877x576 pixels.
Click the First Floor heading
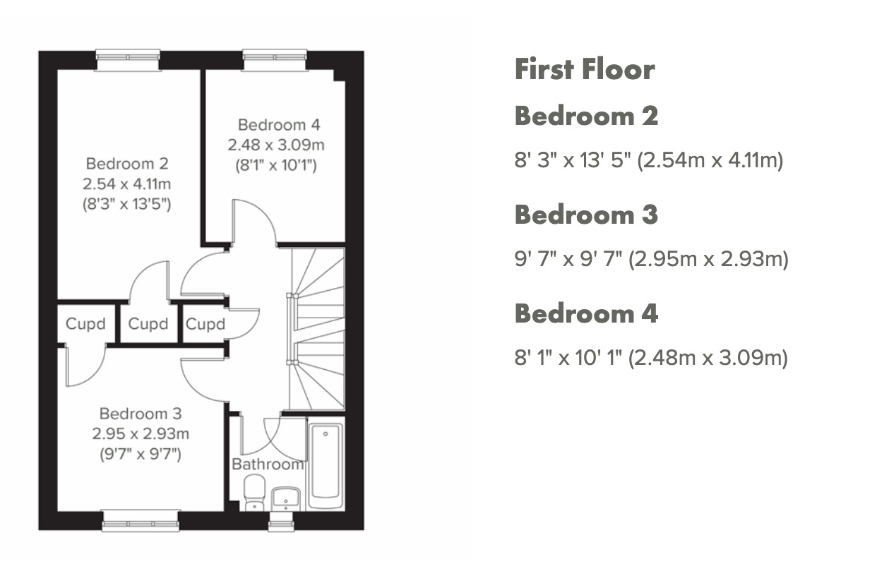[x=584, y=70]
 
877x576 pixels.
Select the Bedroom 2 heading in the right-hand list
[x=586, y=116]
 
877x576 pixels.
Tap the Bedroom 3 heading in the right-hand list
[x=586, y=215]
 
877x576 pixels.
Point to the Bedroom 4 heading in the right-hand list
[x=586, y=313]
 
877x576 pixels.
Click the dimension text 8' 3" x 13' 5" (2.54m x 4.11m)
[x=649, y=161]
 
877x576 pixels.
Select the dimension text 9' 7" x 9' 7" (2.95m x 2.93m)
[x=651, y=260]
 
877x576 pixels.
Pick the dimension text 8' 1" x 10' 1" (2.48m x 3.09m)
[x=650, y=359]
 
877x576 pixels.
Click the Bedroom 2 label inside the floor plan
[x=127, y=164]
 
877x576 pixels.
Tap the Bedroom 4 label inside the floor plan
[x=278, y=125]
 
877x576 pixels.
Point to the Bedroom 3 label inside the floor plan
[x=141, y=414]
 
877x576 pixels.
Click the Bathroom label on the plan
[x=268, y=464]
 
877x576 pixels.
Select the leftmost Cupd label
[x=85, y=324]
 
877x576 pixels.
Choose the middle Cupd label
[x=148, y=324]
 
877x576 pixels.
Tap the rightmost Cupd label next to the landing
[x=205, y=324]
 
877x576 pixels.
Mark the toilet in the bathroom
[x=253, y=492]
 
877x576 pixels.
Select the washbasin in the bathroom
[x=286, y=497]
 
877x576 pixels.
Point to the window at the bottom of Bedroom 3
[x=141, y=521]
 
